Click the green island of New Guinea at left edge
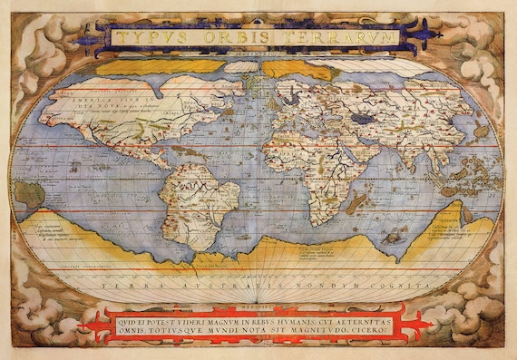[x=27, y=193]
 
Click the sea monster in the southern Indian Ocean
[x=394, y=235]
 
